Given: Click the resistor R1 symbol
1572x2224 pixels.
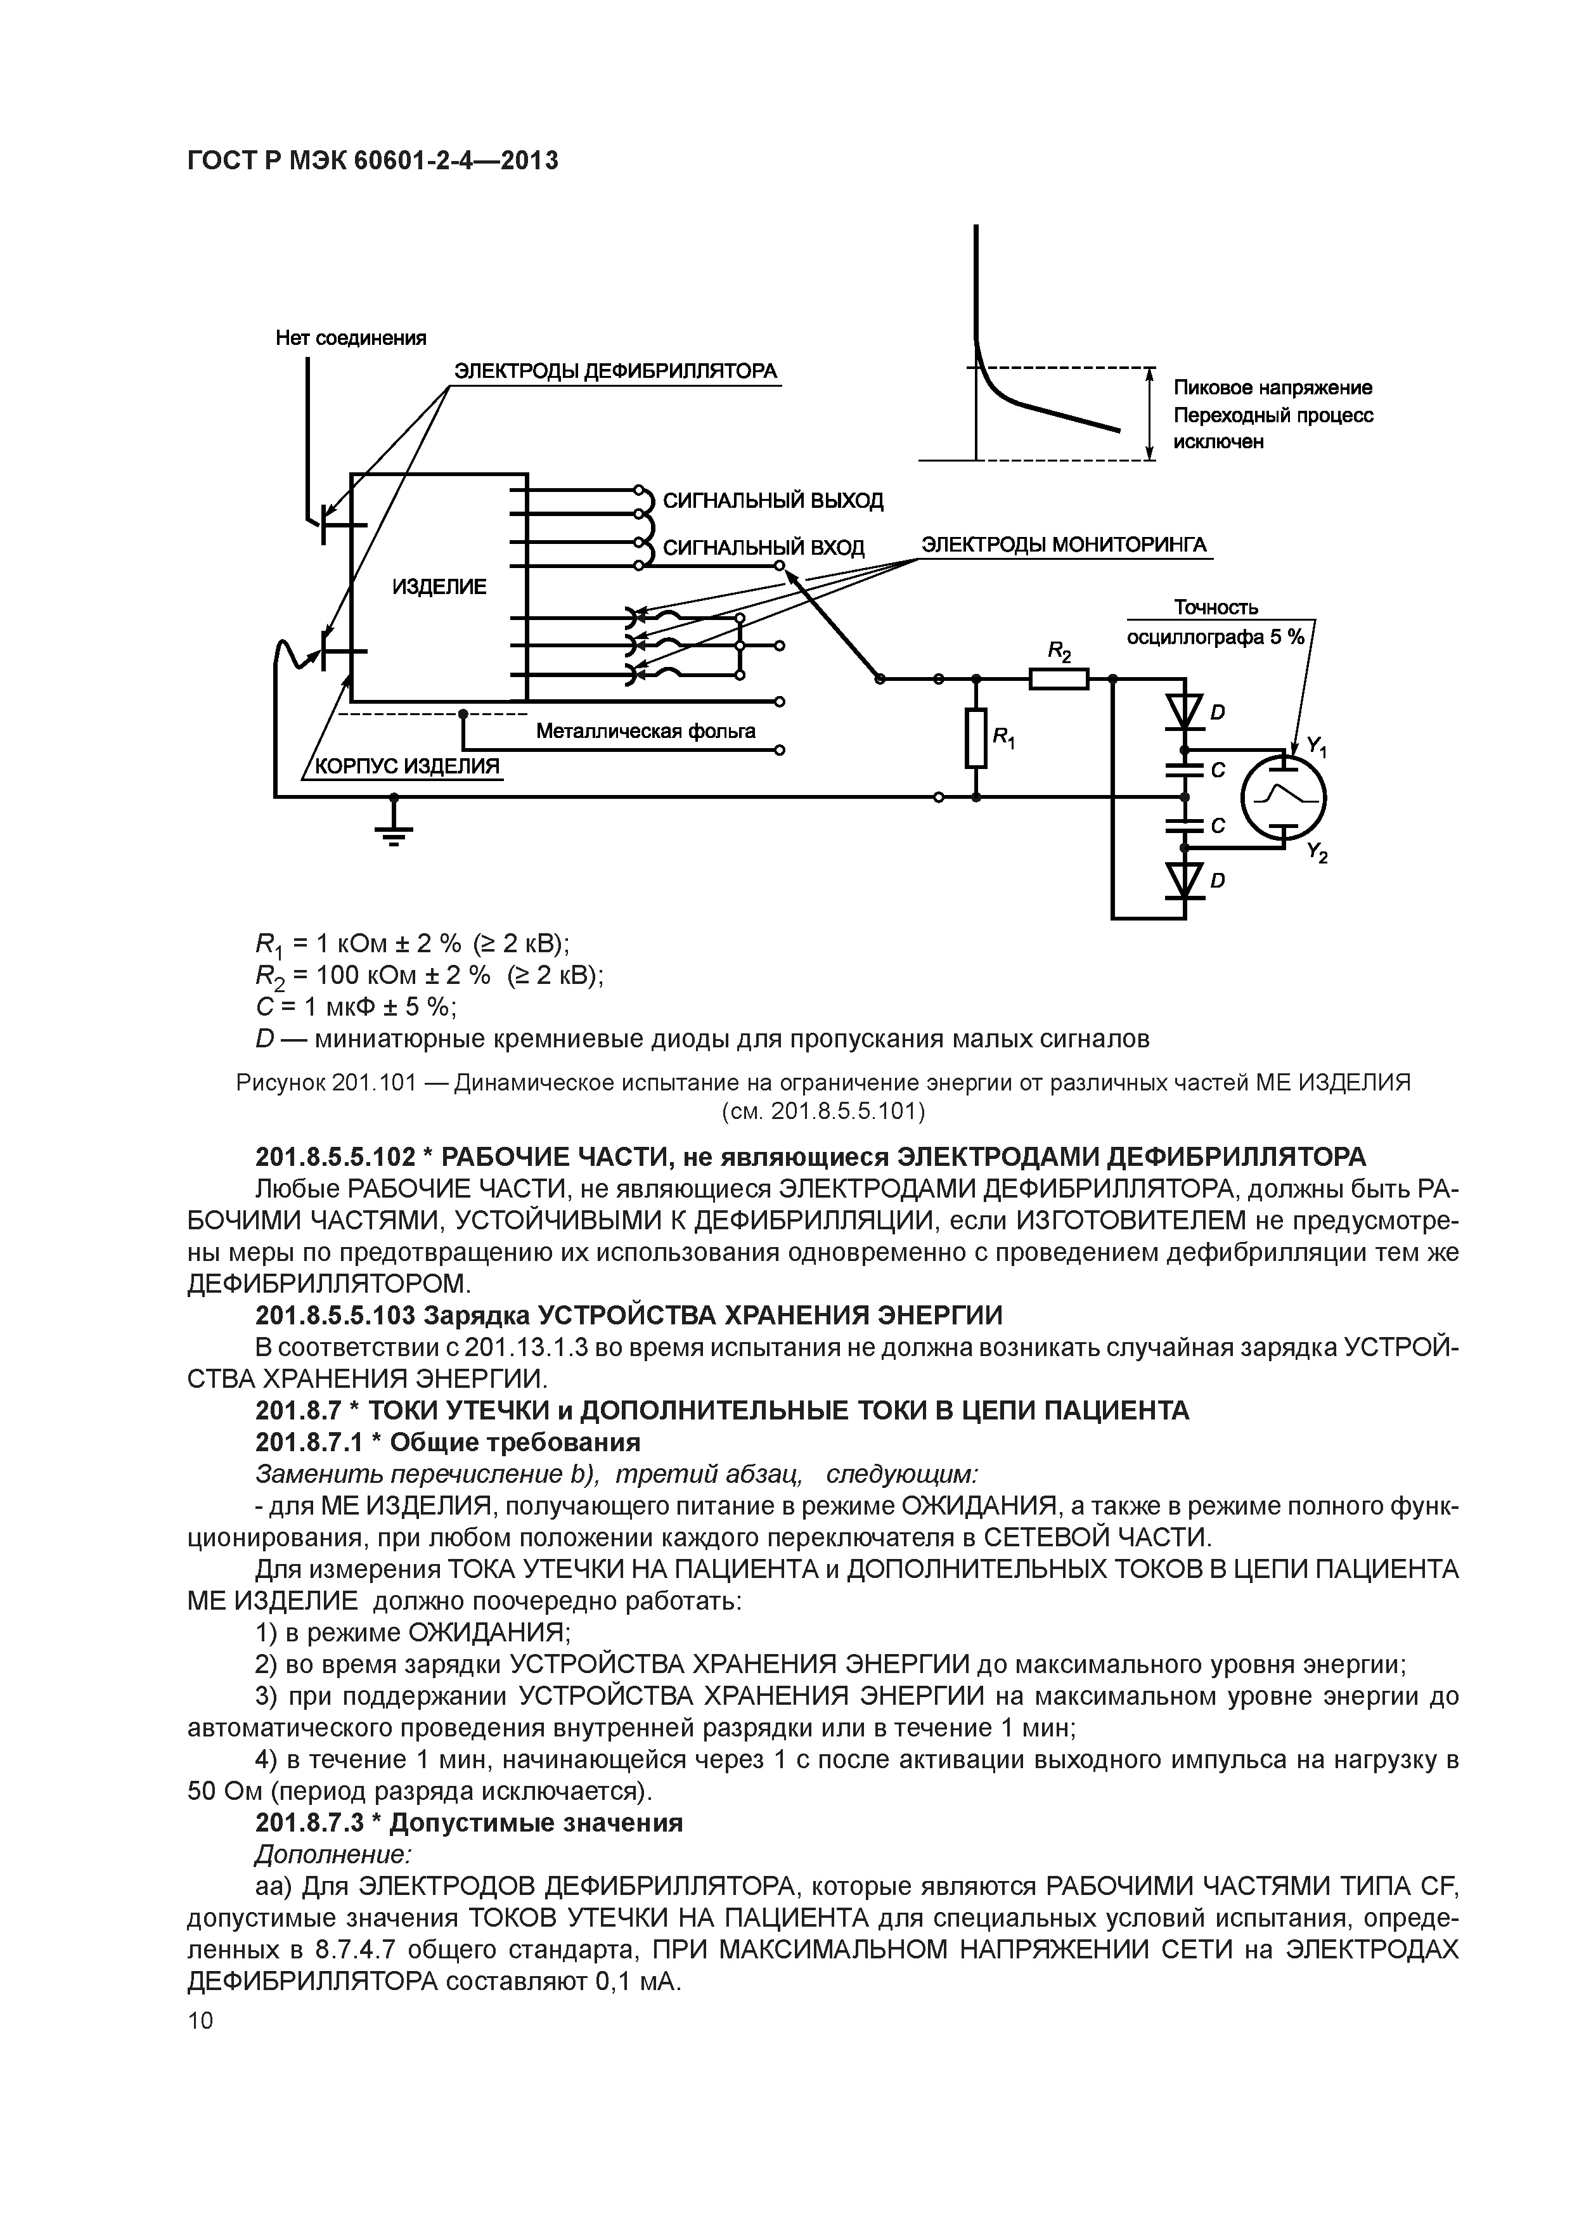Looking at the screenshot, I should tap(976, 738).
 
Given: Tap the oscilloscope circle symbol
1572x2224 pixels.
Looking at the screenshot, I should tap(1284, 796).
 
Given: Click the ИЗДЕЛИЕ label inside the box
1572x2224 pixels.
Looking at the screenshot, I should tap(439, 587).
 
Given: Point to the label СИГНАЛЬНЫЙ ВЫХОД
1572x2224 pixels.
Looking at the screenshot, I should tap(773, 501).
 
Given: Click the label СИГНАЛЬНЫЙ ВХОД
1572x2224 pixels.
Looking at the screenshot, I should tap(763, 548).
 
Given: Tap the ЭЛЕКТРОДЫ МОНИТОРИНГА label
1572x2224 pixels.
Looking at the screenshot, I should tap(1064, 545).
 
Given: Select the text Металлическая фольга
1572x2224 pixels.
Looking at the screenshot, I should tap(645, 732).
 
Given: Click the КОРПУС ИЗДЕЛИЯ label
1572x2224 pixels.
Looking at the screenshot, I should tap(408, 766).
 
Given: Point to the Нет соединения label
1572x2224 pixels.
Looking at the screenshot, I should tap(351, 338).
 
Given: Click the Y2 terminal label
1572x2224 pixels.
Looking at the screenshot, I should tap(1317, 853).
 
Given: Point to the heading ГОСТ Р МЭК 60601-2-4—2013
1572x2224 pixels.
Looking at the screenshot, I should tap(372, 161).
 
